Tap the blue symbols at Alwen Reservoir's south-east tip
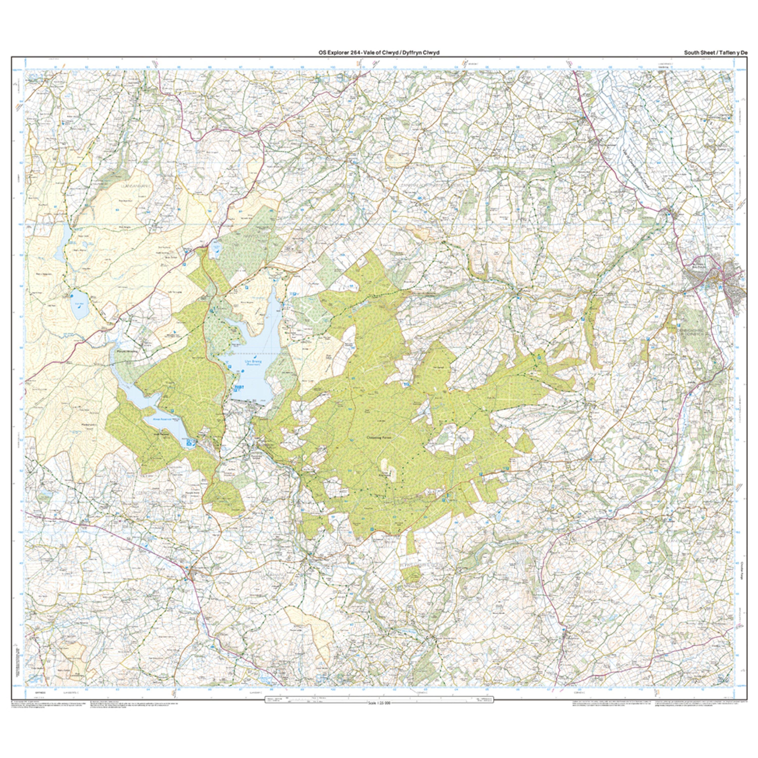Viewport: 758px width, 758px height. [x=190, y=443]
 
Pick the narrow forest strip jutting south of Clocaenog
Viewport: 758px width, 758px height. [x=410, y=557]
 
